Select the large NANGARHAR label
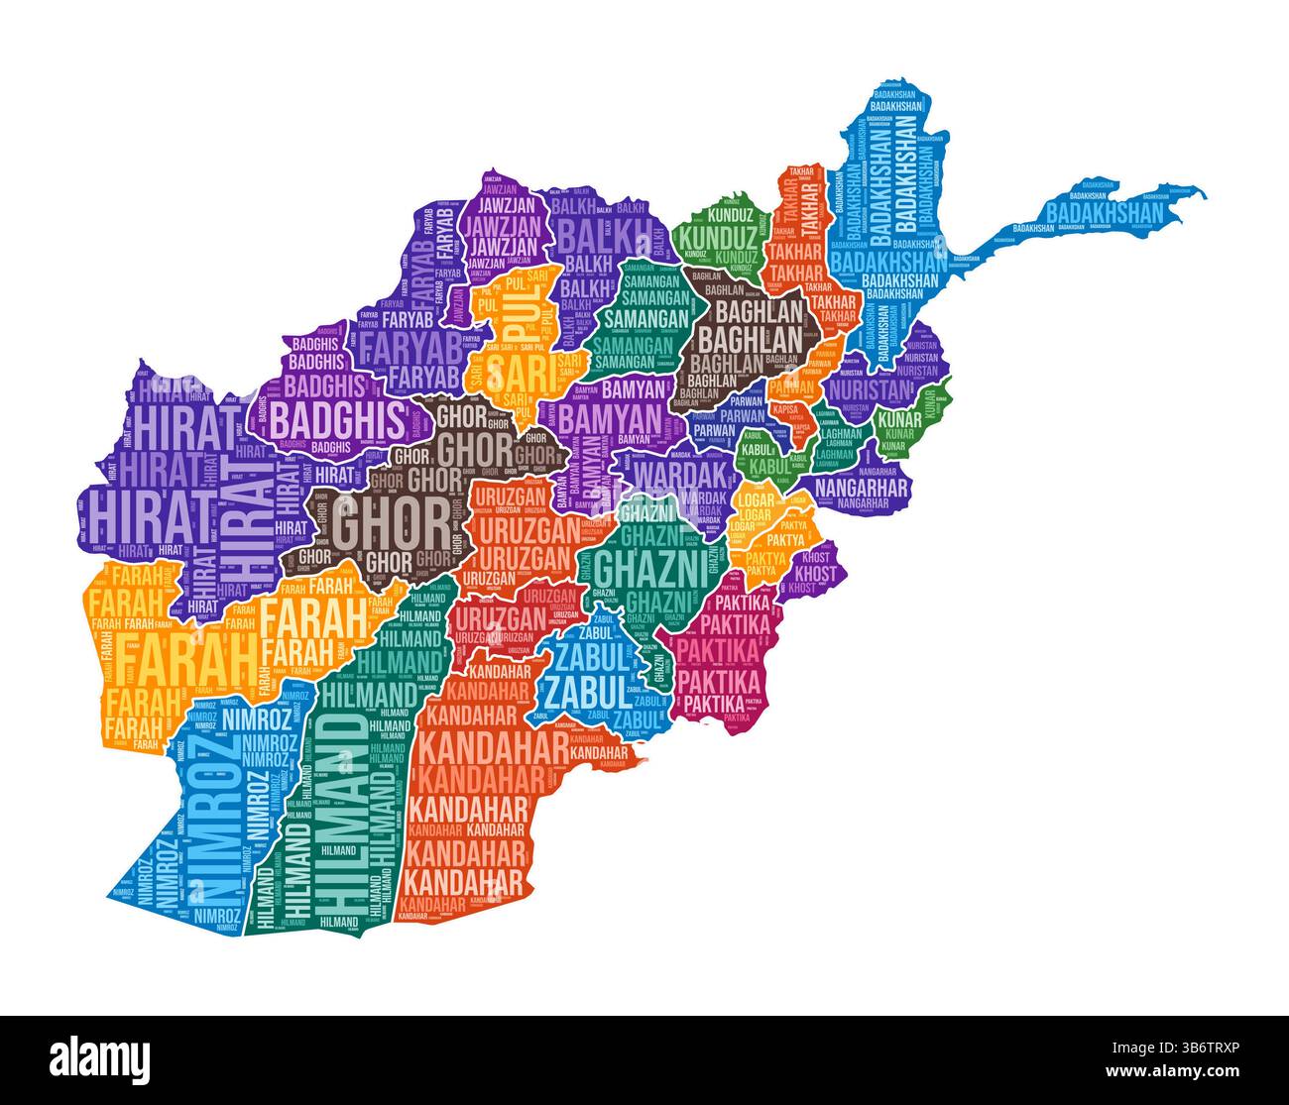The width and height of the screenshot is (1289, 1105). pos(860,488)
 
